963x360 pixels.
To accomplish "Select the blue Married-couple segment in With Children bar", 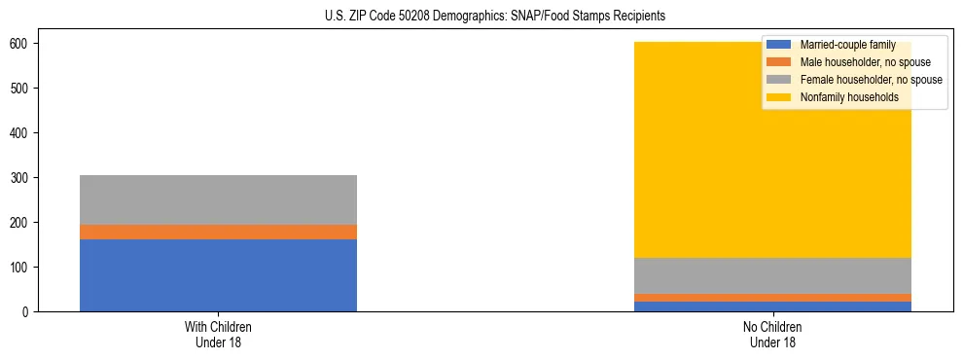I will tap(218, 274).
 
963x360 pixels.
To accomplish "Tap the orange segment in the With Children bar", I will tap(218, 232).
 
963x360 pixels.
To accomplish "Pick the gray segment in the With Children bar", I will tap(218, 199).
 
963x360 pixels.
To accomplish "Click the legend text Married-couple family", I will tap(847, 45).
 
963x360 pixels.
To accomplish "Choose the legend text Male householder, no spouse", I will tap(865, 62).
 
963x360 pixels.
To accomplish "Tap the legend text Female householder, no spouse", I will tap(871, 80).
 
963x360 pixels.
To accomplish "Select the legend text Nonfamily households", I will tap(849, 97).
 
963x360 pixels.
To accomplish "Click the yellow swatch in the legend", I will tap(779, 97).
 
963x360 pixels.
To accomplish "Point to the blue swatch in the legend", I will tap(779, 45).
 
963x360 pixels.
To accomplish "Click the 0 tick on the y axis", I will tap(33, 312).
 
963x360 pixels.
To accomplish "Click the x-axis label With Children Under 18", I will tap(218, 335).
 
